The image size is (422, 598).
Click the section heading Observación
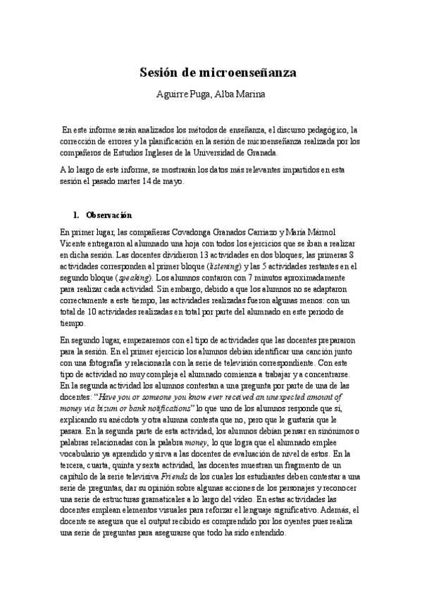[108, 214]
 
